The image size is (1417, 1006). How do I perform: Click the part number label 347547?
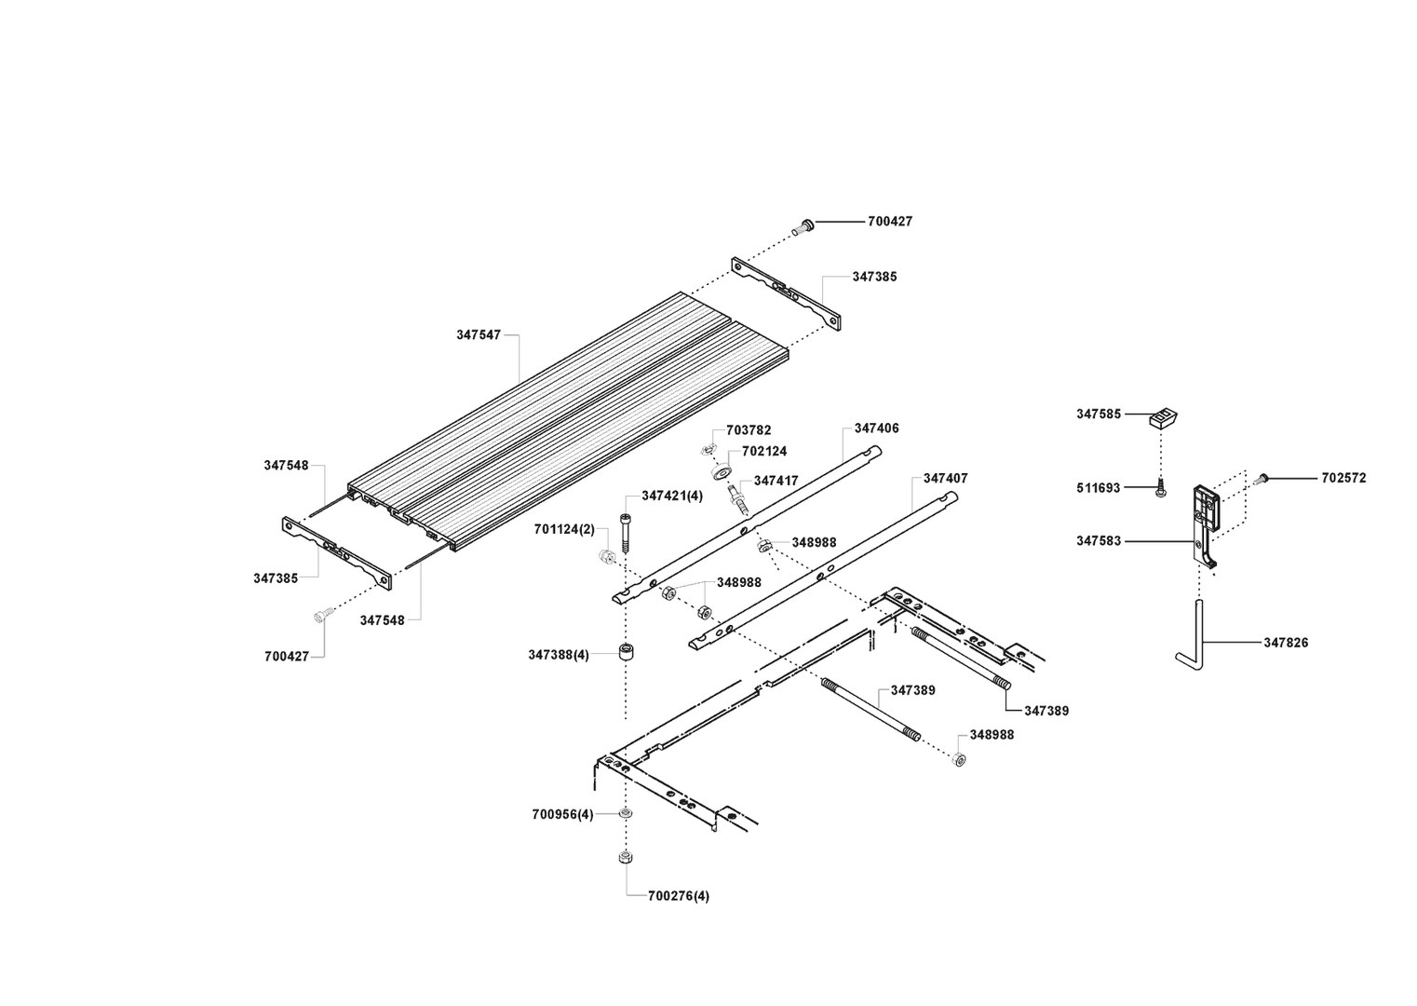coord(479,334)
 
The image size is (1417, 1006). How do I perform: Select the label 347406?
coord(876,428)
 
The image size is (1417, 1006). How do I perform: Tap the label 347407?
coord(945,478)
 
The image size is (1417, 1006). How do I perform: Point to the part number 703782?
coord(749,430)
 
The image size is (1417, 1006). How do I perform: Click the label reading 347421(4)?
coord(672,496)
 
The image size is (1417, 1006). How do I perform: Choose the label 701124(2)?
coord(564,529)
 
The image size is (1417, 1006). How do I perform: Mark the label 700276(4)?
coord(679,896)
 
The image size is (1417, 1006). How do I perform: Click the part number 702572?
coord(1343,478)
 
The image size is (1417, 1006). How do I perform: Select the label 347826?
coord(1286,643)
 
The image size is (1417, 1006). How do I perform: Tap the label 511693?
coord(1098,487)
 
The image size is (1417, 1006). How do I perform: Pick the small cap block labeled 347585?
coord(1162,417)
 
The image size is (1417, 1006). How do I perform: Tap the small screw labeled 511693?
coord(1161,487)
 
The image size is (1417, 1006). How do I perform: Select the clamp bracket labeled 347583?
coord(1205,522)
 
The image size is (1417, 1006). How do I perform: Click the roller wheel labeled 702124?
coord(722,471)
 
